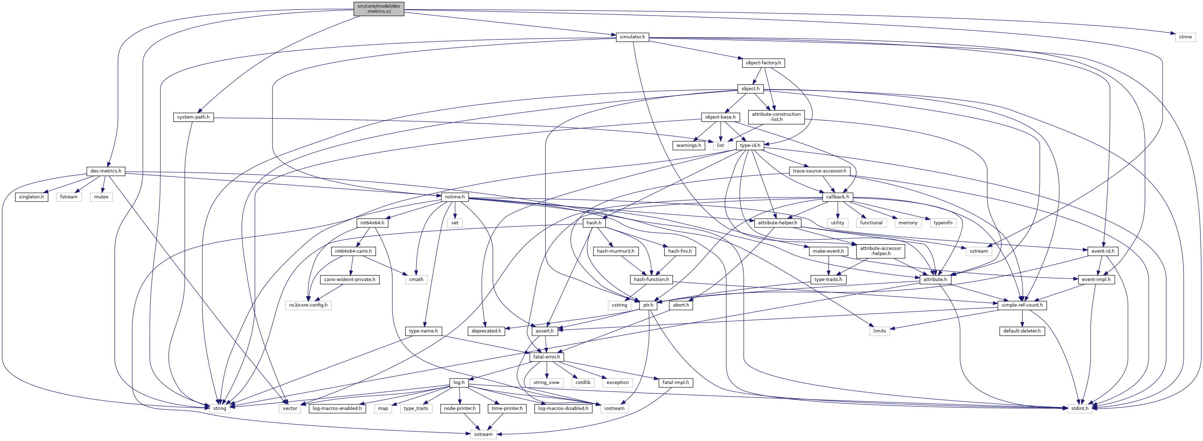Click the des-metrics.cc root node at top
379,8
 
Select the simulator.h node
632,37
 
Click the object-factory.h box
763,63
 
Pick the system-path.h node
193,117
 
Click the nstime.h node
454,197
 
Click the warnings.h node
688,146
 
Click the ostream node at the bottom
483,434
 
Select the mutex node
101,197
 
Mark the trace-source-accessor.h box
819,171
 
